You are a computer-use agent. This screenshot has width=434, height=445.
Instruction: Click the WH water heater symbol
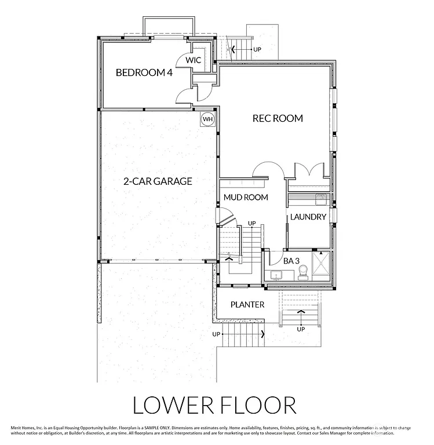tap(207, 119)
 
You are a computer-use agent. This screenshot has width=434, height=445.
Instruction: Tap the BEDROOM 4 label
tap(144, 72)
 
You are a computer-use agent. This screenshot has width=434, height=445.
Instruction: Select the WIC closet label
tap(193, 60)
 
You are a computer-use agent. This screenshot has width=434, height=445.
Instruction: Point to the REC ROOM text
tap(278, 118)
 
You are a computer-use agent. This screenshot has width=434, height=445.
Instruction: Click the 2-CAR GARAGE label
tap(158, 181)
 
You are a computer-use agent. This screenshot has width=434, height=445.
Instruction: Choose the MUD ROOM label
tap(246, 197)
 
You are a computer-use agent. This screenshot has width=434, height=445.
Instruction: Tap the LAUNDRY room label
tap(308, 217)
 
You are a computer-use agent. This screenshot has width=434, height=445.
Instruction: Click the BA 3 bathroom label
tap(291, 261)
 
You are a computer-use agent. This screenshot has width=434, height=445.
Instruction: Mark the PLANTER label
tap(247, 305)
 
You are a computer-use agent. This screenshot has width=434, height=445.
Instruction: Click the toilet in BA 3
tap(302, 275)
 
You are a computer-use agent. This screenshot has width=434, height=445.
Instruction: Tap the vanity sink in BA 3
tap(275, 275)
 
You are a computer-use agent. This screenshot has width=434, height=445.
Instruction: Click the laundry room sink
tap(322, 200)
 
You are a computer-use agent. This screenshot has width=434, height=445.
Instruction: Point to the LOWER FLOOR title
tap(214, 405)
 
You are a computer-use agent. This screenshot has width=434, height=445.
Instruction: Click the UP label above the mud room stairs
tap(251, 223)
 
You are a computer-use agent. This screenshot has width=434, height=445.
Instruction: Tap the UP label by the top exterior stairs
tap(256, 50)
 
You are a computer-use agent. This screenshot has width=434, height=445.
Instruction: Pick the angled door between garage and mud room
tap(225, 218)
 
